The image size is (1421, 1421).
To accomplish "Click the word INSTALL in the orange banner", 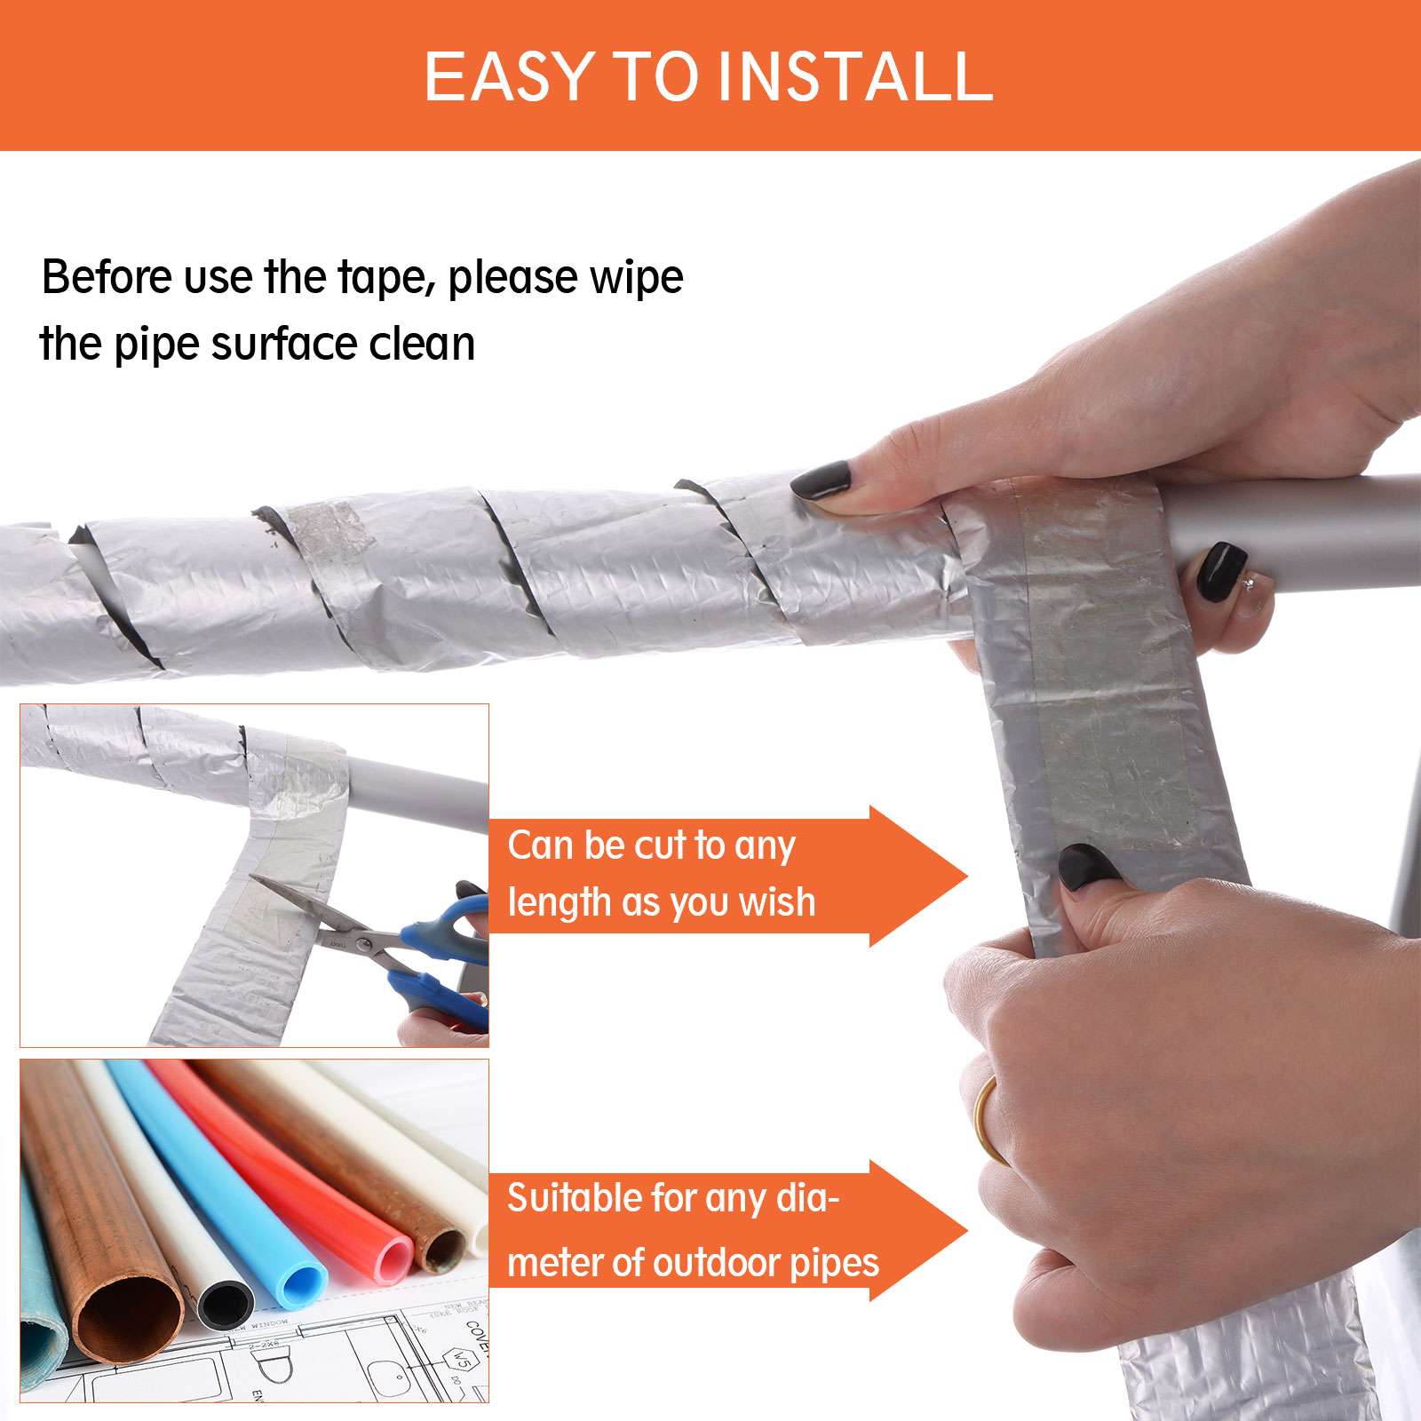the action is point(855,76).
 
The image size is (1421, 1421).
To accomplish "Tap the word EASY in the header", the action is point(509,76).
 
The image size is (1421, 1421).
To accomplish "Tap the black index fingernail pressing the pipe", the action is point(822,480).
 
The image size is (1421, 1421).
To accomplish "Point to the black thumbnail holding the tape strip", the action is point(1088,865).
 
